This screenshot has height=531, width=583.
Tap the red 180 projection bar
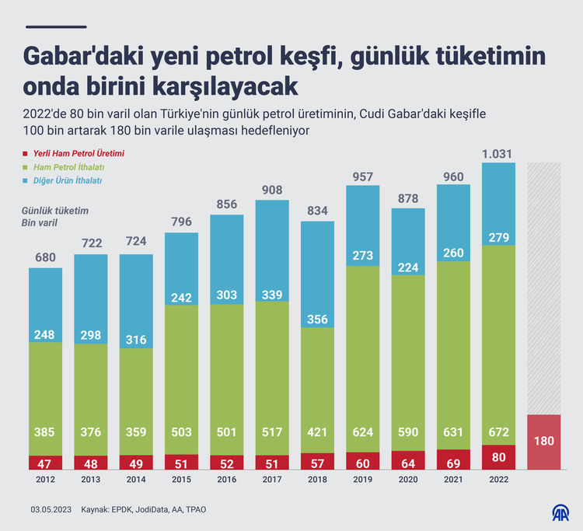[544, 442]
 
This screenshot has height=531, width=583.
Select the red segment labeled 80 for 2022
[498, 457]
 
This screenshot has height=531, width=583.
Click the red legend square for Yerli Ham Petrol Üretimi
[26, 154]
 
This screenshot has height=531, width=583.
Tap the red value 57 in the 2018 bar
[318, 462]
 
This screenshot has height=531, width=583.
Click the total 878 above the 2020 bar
[408, 198]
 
